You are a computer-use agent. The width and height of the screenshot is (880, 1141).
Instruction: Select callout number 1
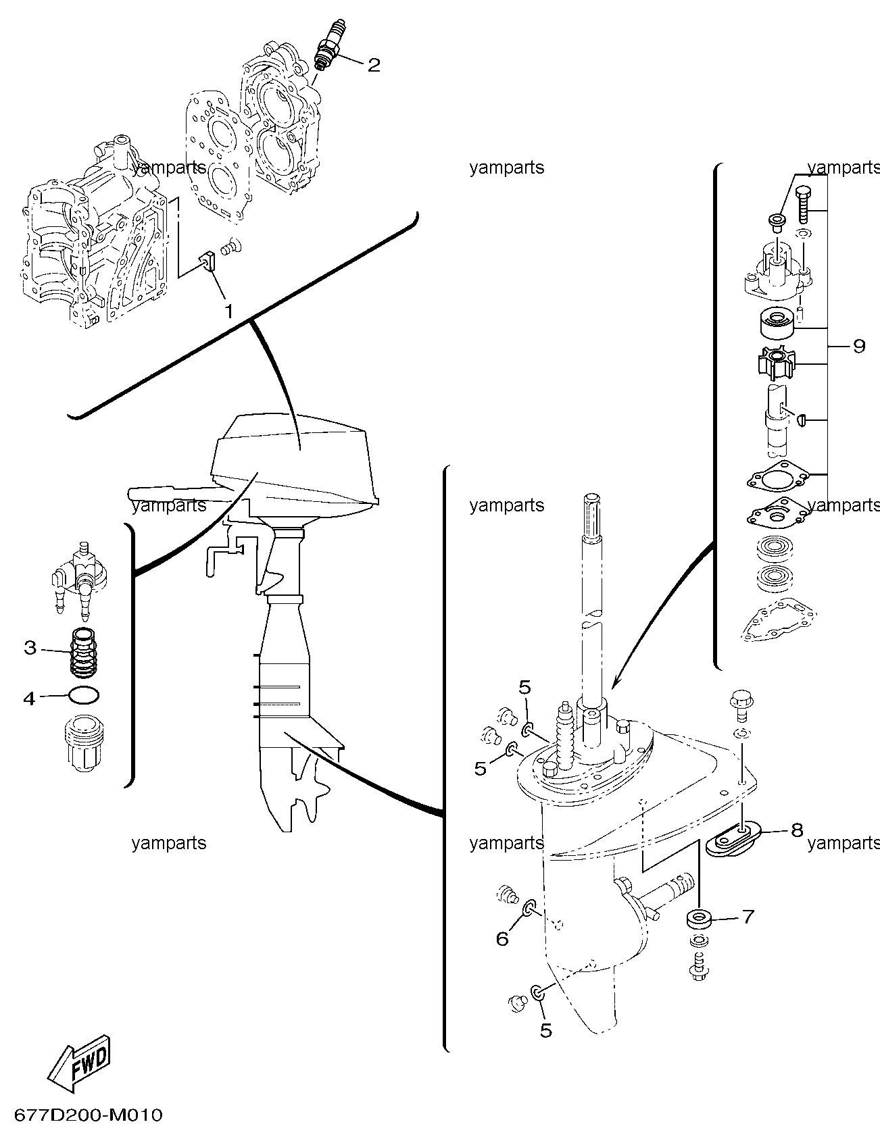[228, 311]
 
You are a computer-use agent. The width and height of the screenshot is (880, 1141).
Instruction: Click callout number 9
[859, 346]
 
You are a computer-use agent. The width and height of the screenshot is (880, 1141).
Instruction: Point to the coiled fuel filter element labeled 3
[85, 653]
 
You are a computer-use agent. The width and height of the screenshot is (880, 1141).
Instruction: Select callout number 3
[29, 647]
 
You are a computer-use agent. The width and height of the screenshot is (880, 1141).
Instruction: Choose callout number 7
[748, 917]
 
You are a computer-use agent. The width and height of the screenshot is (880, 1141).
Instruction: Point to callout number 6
[502, 938]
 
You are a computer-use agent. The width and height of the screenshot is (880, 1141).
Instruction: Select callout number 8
[797, 830]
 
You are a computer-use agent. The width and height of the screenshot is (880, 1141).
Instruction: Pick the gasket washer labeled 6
[529, 907]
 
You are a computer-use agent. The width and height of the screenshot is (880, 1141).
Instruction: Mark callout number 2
[374, 65]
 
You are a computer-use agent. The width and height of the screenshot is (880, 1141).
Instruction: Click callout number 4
[29, 698]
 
